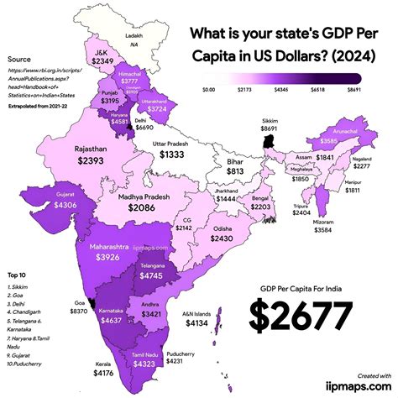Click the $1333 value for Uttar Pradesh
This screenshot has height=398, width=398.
pos(174,155)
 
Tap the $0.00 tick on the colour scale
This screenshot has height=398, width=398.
pos(211,88)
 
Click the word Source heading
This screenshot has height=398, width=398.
pos(18,60)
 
